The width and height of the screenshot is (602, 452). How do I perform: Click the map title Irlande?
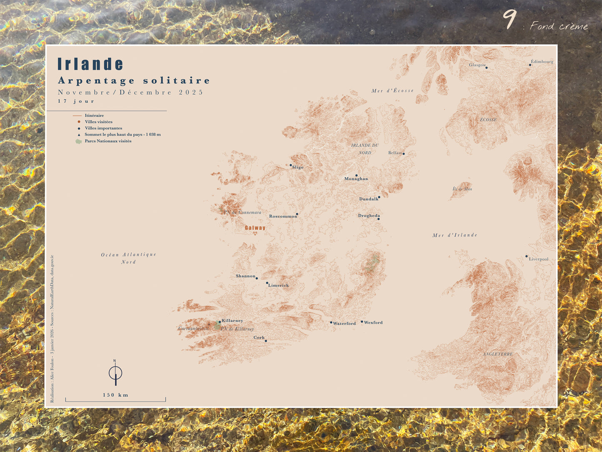coord(90,64)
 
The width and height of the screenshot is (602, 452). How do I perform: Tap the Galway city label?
coord(255,228)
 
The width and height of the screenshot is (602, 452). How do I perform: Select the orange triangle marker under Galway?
coord(255,234)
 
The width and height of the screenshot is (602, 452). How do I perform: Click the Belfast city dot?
coord(403,154)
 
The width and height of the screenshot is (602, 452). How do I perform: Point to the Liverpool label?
coord(539,259)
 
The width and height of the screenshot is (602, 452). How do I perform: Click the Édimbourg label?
coord(542,62)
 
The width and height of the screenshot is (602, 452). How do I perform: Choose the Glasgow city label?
coord(477,65)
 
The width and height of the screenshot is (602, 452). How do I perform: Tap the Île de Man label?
coord(462,189)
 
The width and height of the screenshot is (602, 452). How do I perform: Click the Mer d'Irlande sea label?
coord(455,235)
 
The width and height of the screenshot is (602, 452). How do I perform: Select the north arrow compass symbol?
coord(115,372)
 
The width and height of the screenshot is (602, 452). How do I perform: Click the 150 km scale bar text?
coord(115,395)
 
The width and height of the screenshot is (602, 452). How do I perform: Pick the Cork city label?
coord(259,337)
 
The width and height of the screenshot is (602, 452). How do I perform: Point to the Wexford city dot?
coord(362,322)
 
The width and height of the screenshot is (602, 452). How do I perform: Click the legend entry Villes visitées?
coord(99,122)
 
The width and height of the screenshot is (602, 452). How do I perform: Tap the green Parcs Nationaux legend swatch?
coord(78,141)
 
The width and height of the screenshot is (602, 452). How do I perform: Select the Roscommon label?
coord(283,216)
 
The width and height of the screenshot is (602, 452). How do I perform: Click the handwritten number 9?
coord(509,19)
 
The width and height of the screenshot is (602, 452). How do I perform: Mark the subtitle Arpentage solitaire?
coord(134,80)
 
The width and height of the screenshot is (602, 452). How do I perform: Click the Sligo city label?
coord(297,167)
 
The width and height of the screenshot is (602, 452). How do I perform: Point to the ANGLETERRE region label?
coord(498,354)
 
